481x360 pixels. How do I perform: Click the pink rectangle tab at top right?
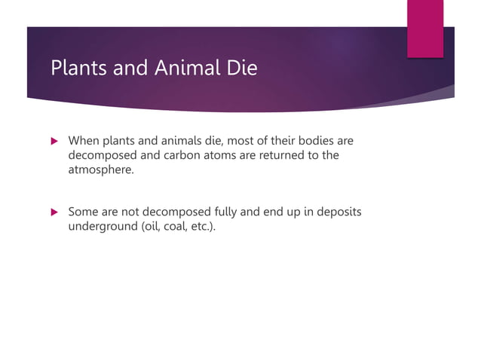(425, 28)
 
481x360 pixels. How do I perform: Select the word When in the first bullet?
(84, 141)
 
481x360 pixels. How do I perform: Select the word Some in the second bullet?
(84, 212)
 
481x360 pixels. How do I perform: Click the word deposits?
(335, 212)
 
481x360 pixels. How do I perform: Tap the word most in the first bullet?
(241, 141)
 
